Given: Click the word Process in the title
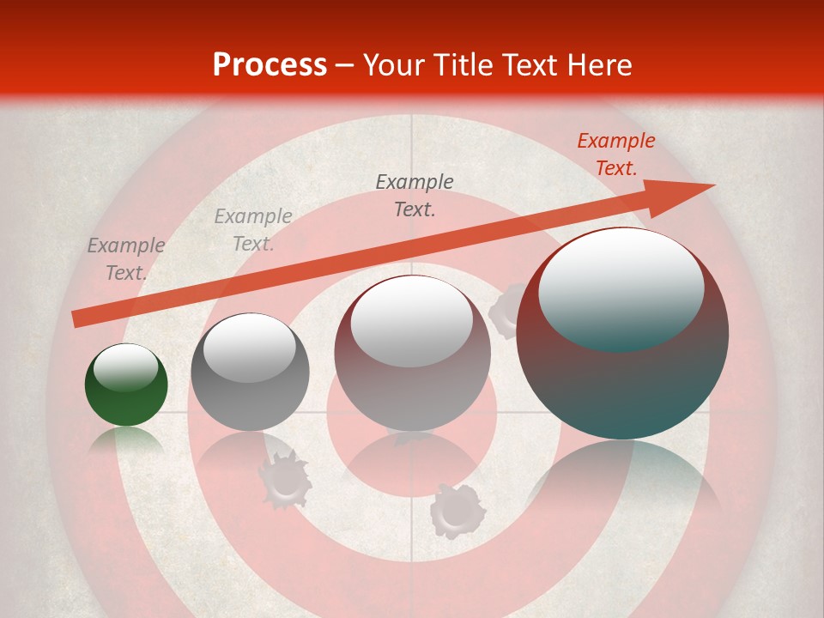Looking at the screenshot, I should (270, 65).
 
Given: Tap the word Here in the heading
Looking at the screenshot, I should (597, 65).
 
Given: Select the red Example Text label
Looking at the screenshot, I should (615, 154).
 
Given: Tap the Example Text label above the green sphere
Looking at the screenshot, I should (125, 259).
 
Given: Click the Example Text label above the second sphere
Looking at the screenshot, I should (252, 230).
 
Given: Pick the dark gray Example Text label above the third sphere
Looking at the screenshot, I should (415, 195).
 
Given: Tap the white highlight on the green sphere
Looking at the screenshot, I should (125, 367).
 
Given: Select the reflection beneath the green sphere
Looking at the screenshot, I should (126, 441).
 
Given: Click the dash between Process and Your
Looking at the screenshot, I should (344, 65).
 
